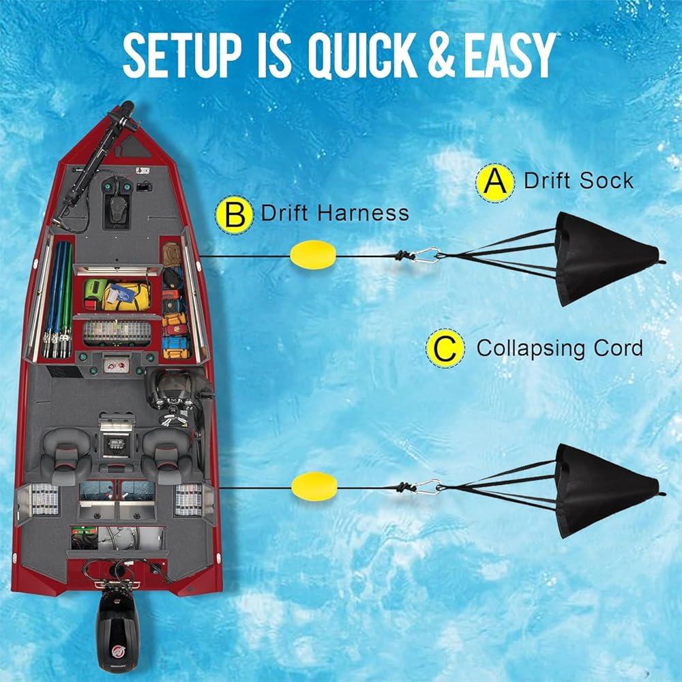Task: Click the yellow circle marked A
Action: [x=496, y=181]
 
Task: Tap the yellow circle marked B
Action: [x=234, y=213]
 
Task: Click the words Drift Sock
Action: [x=578, y=181]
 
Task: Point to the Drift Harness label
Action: [x=335, y=213]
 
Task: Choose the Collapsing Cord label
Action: [x=559, y=349]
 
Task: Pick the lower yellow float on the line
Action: [x=314, y=485]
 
